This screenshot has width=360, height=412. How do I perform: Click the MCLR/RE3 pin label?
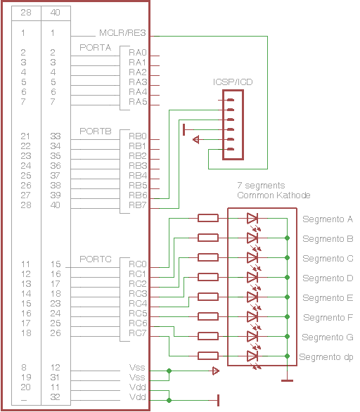coord(122,33)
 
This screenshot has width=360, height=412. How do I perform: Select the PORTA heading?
coord(96,48)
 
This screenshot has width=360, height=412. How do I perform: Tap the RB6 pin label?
coord(138,195)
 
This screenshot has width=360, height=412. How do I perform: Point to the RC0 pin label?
coord(137,264)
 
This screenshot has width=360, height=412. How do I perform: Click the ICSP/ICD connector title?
coord(233,82)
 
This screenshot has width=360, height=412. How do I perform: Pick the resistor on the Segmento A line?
coord(208,218)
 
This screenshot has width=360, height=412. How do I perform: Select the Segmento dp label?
coord(326,357)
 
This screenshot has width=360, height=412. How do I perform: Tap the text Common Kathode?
coord(274,195)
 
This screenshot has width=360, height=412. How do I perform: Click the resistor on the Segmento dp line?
coord(208,356)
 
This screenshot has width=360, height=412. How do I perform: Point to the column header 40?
coord(55,13)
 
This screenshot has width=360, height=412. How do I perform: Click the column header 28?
coord(26,13)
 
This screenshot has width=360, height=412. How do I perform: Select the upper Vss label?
coord(137,367)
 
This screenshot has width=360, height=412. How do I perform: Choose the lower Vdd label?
coord(138,397)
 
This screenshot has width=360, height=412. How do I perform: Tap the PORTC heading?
coord(96,259)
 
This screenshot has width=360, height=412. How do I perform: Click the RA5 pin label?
coord(138,102)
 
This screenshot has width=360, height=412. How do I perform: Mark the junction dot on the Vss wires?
coord(169,371)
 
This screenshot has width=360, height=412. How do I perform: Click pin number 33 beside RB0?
coord(55,136)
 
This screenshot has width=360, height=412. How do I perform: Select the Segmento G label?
coord(328,337)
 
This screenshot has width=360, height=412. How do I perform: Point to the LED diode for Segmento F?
coord(252,316)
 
